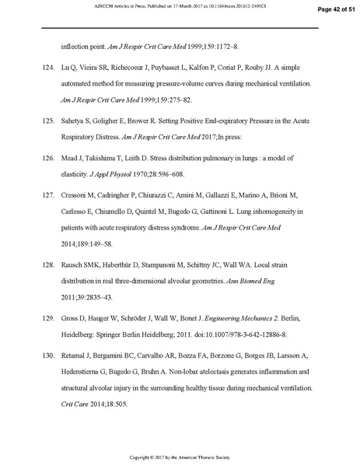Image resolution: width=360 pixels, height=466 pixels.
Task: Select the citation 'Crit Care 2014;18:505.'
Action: point(93,405)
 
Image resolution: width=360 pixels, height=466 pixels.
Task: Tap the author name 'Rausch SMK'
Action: point(82,265)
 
